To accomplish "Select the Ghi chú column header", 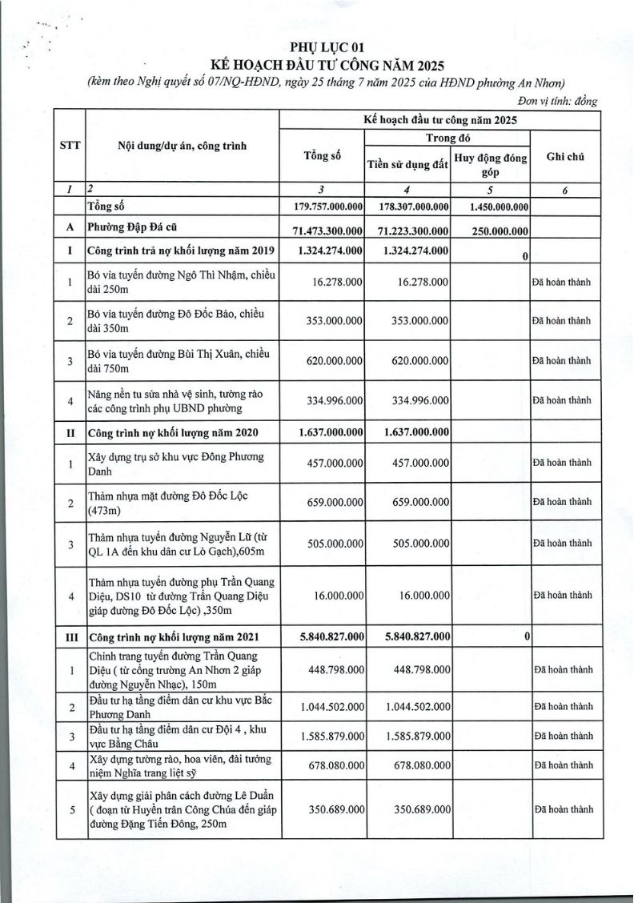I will click(x=564, y=156).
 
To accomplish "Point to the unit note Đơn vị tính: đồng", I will click(x=558, y=100).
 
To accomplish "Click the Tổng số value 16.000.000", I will click(x=337, y=595).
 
